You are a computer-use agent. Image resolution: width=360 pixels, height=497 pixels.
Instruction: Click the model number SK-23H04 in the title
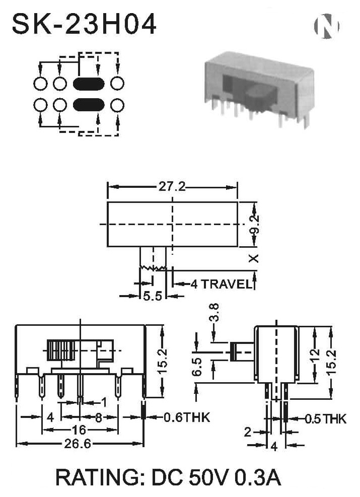pos(84,24)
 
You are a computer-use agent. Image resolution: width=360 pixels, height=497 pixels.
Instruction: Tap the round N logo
pos(326,26)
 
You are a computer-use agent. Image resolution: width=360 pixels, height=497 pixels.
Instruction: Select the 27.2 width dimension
pos(172,187)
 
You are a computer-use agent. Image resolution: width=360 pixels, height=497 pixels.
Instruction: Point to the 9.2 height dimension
pos(254,225)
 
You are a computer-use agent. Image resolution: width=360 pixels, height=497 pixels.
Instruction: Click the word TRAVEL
pos(226,284)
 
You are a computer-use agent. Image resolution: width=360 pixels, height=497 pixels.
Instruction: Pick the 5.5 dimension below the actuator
pos(153,296)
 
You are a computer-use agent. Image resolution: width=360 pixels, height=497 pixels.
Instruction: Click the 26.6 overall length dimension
pos(78,444)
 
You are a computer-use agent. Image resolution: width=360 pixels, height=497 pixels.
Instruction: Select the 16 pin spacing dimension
pos(79,430)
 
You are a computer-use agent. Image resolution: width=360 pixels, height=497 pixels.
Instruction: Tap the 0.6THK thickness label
pos(187,417)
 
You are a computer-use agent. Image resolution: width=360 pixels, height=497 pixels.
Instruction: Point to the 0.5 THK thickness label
pos(326,419)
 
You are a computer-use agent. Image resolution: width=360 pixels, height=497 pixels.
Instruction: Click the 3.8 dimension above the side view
pos(214,313)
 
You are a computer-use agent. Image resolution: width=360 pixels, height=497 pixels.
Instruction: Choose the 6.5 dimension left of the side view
pos(197,367)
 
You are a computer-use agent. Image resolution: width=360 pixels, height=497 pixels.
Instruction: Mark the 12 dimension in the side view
pos(314,357)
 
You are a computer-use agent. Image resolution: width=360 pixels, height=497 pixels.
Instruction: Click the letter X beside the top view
pos(254,258)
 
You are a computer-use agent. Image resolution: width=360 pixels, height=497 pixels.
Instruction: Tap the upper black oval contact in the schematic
pos(89,84)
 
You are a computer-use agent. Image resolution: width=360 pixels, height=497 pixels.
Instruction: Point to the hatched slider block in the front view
pos(61,350)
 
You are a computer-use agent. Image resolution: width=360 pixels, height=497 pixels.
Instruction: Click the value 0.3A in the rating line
pos(257,477)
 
